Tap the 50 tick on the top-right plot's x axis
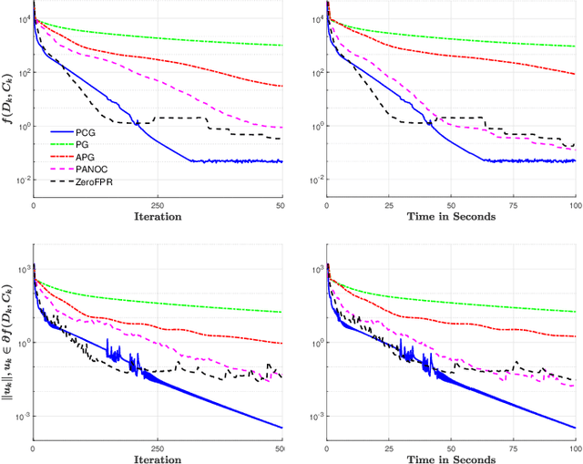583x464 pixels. click(x=452, y=205)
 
